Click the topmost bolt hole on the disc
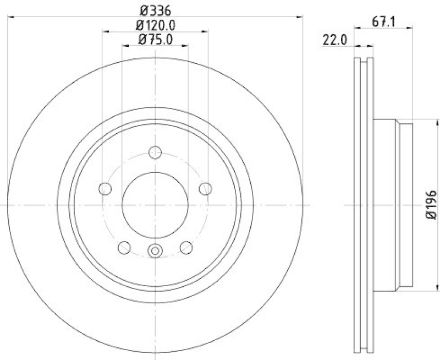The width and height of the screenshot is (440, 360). pyautogui.click(x=155, y=152)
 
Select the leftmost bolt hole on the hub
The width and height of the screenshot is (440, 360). pyautogui.click(x=105, y=189)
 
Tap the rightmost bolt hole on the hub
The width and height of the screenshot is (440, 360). pyautogui.click(x=206, y=189)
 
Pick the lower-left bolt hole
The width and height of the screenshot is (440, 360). pyautogui.click(x=124, y=247)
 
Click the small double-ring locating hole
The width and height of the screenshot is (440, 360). pyautogui.click(x=155, y=252)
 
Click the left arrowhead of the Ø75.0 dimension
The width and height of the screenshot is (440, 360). pyautogui.click(x=125, y=47)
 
